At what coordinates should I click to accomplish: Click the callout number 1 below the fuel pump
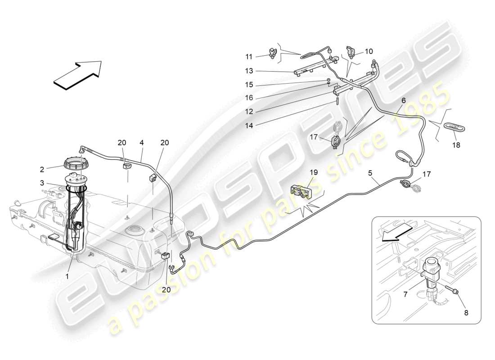(67, 276)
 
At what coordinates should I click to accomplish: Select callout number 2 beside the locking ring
(42, 169)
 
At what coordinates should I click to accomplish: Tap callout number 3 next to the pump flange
(42, 183)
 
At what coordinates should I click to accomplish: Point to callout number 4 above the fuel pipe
(141, 143)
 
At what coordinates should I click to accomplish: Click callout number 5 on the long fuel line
(370, 172)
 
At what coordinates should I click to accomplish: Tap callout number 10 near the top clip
(369, 51)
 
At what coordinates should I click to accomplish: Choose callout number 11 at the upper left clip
(249, 56)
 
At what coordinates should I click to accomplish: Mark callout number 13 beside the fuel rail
(249, 71)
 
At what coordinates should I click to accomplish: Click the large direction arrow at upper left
(77, 73)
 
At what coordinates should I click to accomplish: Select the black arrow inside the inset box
(396, 234)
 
